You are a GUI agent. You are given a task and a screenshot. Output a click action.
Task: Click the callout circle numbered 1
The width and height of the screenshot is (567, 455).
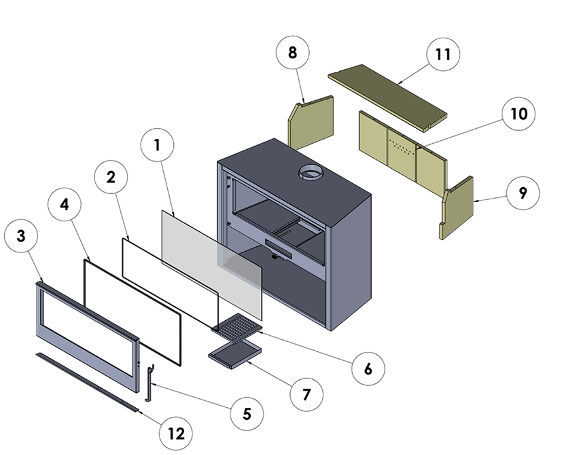156,145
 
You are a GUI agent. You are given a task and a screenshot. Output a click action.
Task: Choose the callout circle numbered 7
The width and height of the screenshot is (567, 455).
306,394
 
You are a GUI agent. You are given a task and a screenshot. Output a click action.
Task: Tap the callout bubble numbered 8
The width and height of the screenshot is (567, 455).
292,52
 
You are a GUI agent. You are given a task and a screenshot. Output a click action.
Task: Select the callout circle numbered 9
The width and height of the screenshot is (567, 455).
522,194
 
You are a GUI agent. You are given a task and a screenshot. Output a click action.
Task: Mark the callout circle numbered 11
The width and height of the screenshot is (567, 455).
443,54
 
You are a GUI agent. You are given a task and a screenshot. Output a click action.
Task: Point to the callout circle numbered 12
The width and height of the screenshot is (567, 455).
176,434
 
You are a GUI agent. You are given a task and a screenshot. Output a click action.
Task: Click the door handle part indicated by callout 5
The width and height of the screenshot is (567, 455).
150,385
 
